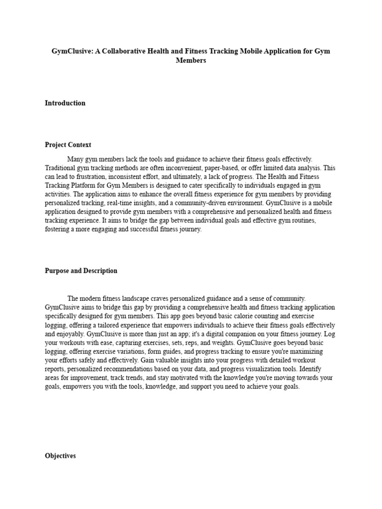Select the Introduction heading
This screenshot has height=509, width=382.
click(65, 103)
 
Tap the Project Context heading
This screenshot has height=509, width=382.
click(68, 145)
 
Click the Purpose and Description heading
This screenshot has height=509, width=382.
click(81, 271)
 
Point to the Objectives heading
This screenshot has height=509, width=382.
click(60, 456)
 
